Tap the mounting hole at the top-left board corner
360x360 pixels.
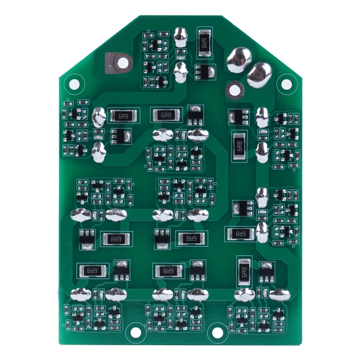tap(74, 84)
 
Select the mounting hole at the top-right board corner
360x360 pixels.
tap(286, 84)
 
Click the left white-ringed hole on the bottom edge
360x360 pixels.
tap(136, 332)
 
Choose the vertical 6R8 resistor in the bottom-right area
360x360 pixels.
tap(244, 272)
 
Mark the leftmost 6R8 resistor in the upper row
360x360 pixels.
tap(124, 116)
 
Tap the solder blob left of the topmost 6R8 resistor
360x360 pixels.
tap(181, 36)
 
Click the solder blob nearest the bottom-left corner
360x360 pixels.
tap(81, 294)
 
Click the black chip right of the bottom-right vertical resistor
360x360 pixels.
tap(266, 272)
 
